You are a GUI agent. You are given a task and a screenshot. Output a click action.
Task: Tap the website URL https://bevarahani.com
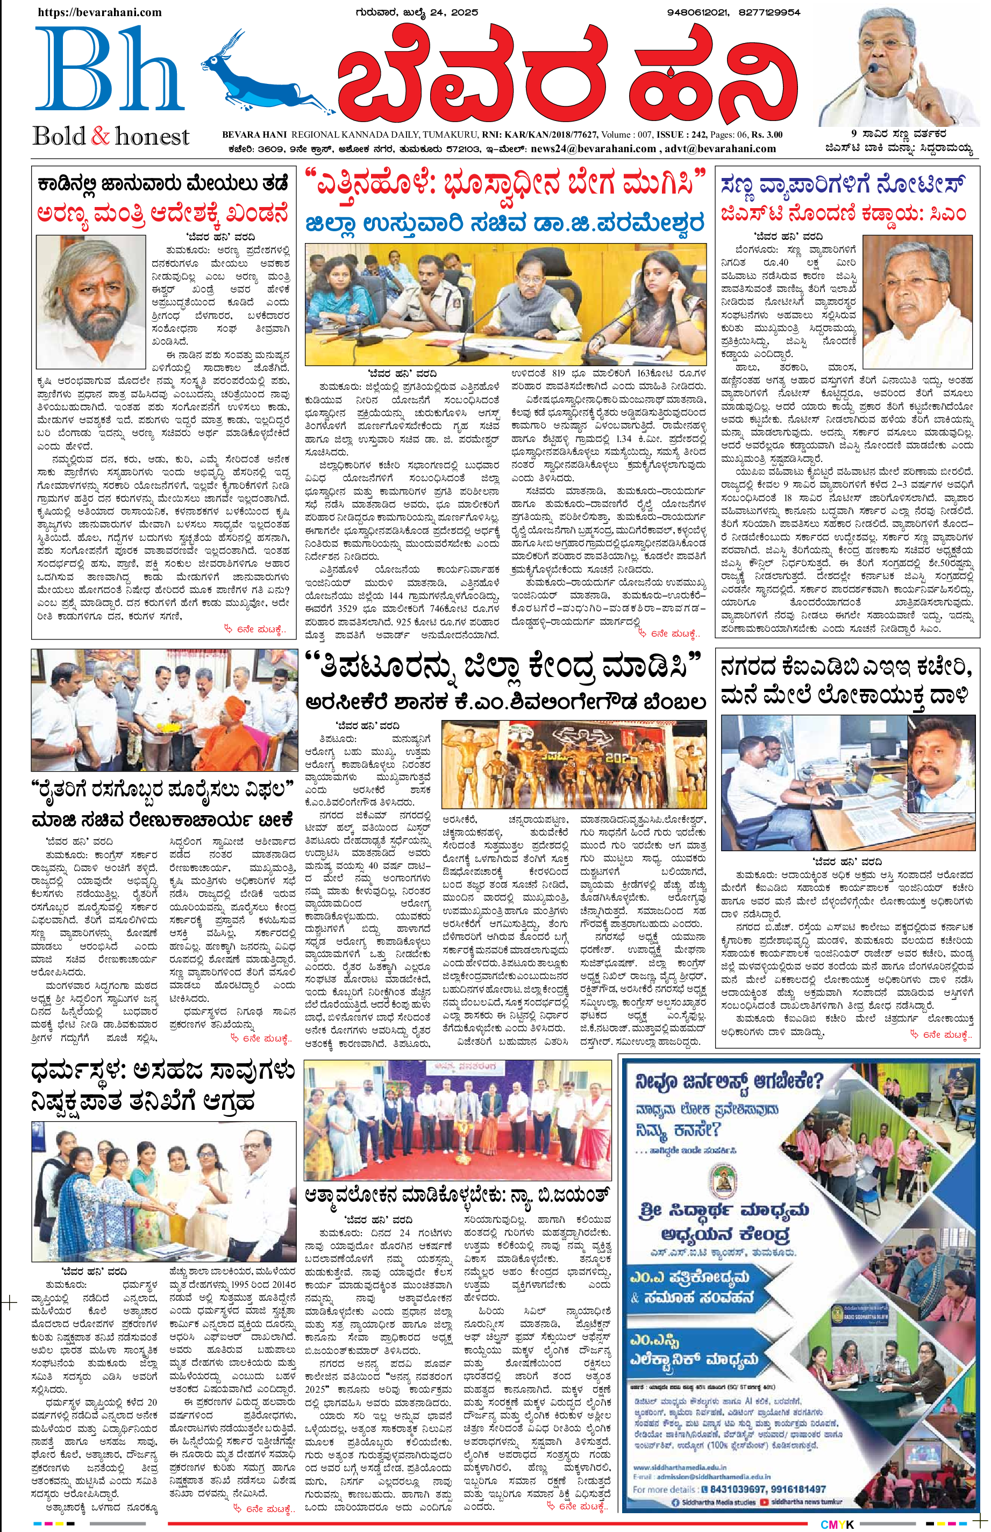pyautogui.click(x=99, y=12)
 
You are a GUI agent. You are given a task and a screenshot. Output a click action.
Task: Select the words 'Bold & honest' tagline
pyautogui.click(x=111, y=136)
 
